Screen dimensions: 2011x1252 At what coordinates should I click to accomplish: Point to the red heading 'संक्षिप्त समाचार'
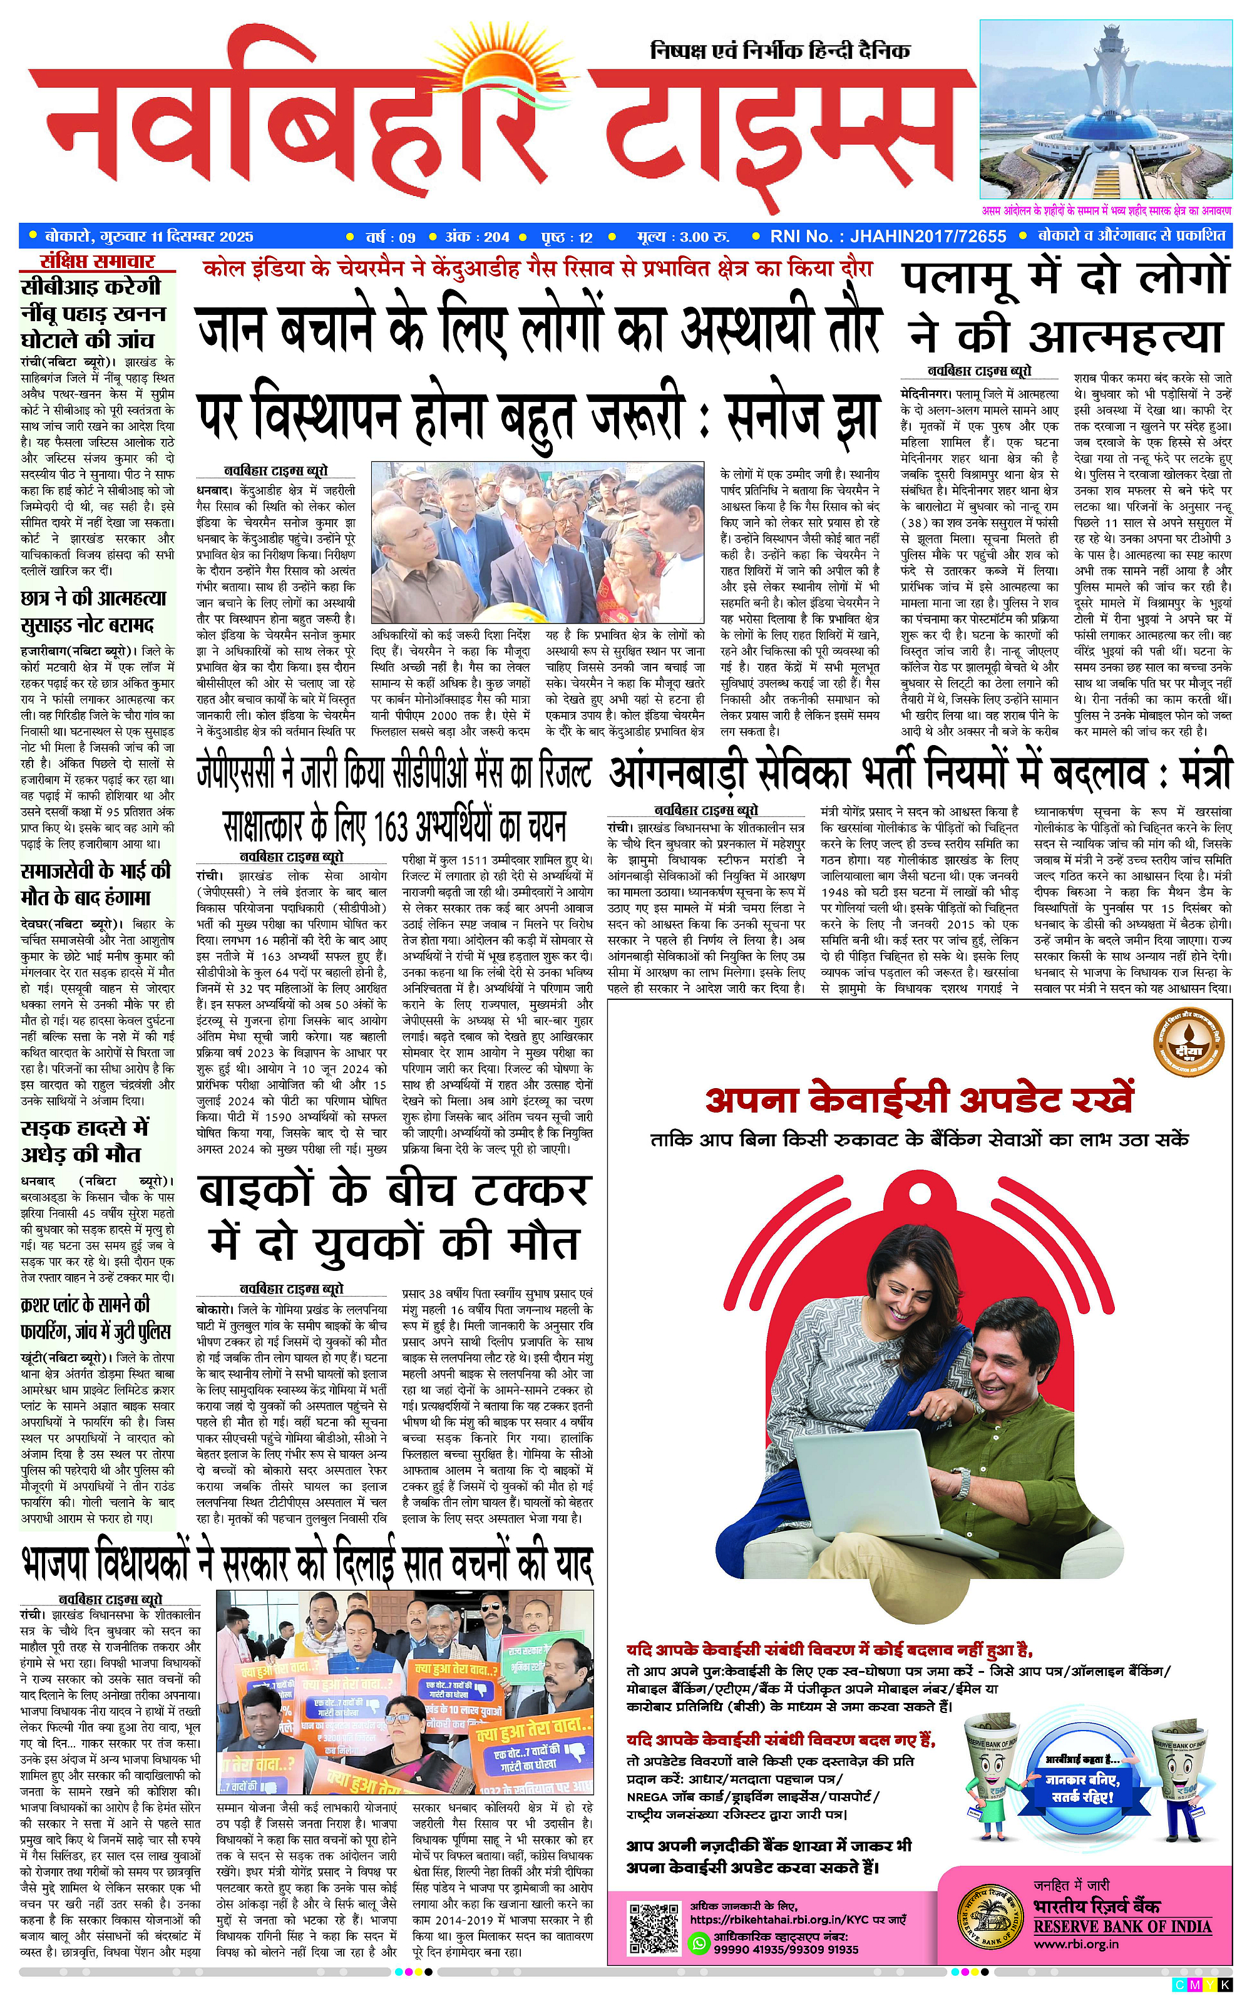(x=98, y=262)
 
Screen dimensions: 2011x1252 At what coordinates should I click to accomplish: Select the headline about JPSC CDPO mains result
(x=394, y=771)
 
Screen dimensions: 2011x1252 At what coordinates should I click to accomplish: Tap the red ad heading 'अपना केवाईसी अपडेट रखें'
(x=918, y=1099)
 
